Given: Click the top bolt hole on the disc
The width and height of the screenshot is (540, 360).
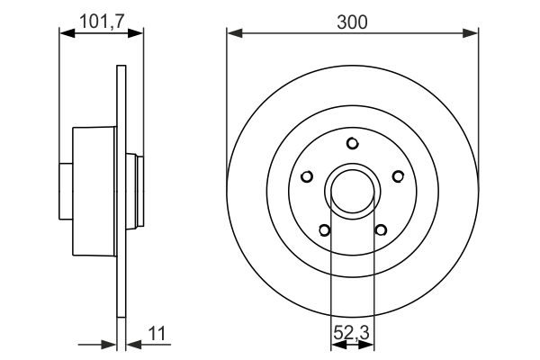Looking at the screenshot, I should point(352,143).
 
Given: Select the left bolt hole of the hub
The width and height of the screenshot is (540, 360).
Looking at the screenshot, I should point(307,176).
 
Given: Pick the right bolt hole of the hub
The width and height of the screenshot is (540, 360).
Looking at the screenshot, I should point(397,176).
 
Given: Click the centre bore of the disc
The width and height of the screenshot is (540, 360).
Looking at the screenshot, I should point(352,190).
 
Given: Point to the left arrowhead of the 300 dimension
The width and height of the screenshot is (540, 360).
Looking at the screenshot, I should point(233,33).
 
